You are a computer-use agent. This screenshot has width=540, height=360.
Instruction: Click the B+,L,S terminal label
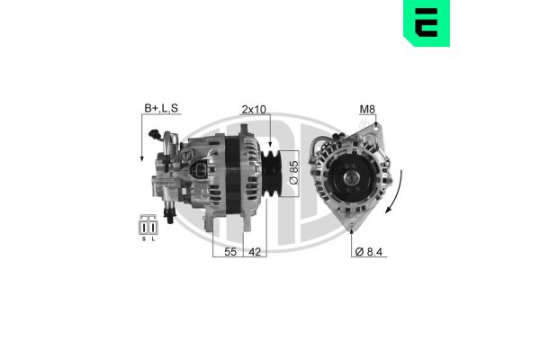[161, 110]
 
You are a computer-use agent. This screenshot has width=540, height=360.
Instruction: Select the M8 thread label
[367, 110]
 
